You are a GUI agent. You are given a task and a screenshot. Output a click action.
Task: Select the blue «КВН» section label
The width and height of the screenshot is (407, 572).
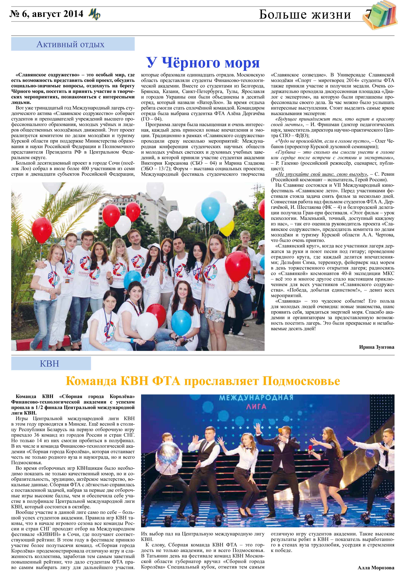point(50,363)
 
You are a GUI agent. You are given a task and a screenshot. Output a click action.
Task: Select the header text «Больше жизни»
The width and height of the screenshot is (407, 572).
point(305,15)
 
